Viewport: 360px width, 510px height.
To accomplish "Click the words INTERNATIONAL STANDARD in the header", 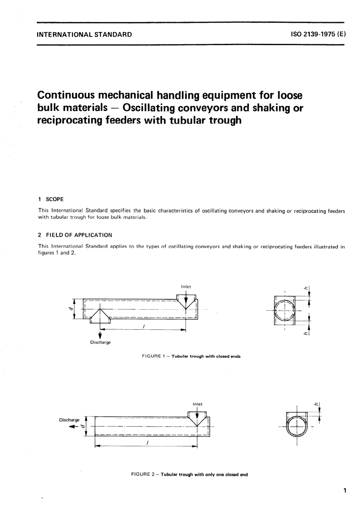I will (84, 34).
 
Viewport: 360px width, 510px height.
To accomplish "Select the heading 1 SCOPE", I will (51, 199).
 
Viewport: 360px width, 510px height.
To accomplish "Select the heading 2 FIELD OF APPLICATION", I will (75, 235).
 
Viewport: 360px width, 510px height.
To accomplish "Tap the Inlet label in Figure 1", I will (186, 287).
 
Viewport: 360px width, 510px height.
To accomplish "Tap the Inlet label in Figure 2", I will (197, 404).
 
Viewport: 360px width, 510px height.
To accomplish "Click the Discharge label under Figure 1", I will (100, 343).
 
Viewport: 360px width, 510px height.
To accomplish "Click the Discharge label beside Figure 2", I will (69, 420).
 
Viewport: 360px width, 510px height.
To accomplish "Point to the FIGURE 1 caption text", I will (191, 356).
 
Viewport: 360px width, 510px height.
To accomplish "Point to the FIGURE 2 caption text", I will (189, 474).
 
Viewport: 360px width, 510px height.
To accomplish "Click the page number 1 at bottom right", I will (344, 491).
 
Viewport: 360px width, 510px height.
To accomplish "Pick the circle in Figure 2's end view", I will (297, 427).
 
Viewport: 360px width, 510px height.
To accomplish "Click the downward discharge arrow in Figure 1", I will (100, 335).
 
